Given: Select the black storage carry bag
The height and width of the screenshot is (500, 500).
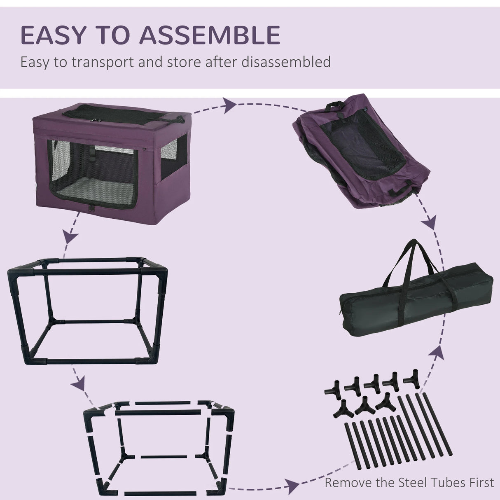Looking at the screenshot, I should point(416,294).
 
